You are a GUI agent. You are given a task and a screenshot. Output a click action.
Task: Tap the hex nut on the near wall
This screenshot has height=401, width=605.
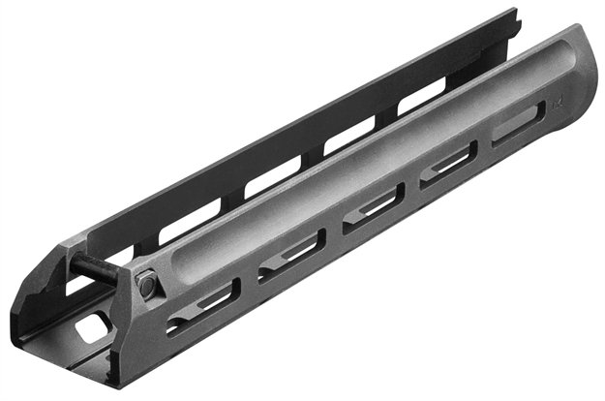(x=145, y=285)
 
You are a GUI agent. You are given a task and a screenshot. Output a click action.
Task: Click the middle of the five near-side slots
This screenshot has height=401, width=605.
(x=373, y=208)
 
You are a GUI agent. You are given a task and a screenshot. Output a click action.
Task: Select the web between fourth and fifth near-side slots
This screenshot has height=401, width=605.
(x=483, y=150)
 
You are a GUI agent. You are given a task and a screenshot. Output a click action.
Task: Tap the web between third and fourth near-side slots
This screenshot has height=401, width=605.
(x=410, y=189)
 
